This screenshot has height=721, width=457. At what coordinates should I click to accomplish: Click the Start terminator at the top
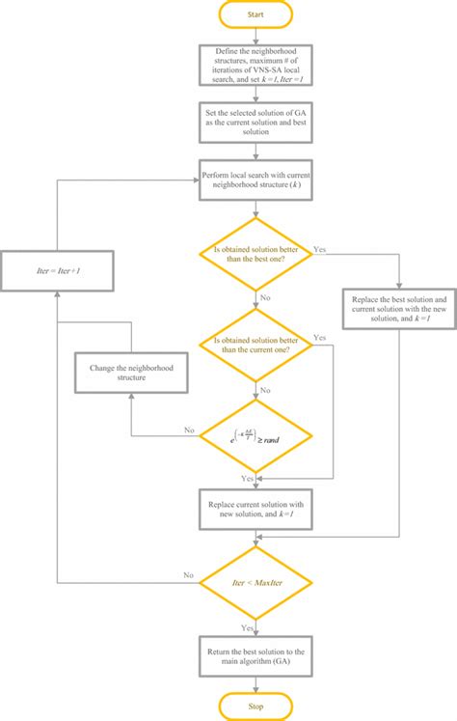tap(255, 14)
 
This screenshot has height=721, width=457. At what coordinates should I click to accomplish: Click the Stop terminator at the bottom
tap(255, 706)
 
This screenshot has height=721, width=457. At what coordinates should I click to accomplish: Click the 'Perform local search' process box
tap(255, 179)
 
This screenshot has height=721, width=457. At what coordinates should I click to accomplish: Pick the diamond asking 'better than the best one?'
tap(255, 254)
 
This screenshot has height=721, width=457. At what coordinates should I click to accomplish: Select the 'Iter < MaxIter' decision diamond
tap(255, 582)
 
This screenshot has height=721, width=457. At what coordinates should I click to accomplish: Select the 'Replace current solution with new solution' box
tap(255, 511)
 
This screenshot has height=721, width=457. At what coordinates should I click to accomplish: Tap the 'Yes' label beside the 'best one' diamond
tap(320, 248)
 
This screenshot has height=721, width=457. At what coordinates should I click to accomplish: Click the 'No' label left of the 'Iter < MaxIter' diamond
tap(189, 574)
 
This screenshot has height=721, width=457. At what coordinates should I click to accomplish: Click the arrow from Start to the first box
tap(255, 36)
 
